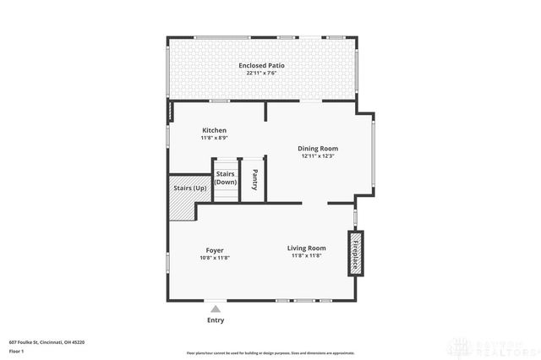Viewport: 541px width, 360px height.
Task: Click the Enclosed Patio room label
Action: click(x=261, y=65)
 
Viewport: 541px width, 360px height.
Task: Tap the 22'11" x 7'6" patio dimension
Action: click(x=261, y=73)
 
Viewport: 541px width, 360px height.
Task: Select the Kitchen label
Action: click(x=213, y=130)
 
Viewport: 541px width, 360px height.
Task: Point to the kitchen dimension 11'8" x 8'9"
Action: click(x=213, y=138)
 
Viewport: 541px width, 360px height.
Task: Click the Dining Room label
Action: click(x=318, y=148)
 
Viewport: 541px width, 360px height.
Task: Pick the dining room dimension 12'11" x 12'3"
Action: click(x=318, y=155)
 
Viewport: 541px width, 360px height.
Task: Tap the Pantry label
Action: click(x=254, y=179)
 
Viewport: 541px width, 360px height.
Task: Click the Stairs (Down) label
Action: click(x=226, y=177)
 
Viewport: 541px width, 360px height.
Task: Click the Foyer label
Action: click(x=215, y=249)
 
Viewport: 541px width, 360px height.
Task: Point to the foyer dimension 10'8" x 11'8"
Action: click(x=215, y=257)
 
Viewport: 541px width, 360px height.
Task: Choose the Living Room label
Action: click(x=306, y=248)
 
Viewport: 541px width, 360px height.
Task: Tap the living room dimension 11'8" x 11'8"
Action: click(x=306, y=255)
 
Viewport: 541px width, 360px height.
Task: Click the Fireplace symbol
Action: click(x=355, y=253)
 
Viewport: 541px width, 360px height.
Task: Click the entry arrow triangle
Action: click(x=216, y=309)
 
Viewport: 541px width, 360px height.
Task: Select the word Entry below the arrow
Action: click(x=216, y=320)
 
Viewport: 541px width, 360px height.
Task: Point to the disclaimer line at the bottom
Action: click(x=270, y=352)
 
